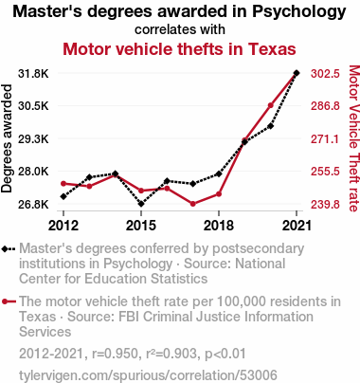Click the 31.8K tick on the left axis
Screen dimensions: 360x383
(x=33, y=74)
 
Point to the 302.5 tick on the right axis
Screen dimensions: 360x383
(x=325, y=74)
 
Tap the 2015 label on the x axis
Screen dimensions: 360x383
(x=141, y=226)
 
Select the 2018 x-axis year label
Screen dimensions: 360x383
(x=219, y=226)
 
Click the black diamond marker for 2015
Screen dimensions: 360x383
(x=141, y=204)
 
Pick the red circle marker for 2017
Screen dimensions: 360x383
(x=193, y=204)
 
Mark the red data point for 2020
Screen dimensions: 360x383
(x=271, y=105)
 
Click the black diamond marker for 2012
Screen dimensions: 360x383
(x=63, y=196)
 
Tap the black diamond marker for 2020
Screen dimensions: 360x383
(x=271, y=126)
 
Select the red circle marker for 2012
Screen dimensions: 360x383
(x=63, y=184)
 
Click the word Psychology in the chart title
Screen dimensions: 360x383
(x=299, y=11)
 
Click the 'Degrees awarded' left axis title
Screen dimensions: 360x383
(x=7, y=138)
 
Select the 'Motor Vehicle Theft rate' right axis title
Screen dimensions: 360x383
(x=354, y=138)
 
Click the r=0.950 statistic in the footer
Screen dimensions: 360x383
(x=116, y=354)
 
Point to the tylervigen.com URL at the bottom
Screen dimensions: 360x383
(x=148, y=375)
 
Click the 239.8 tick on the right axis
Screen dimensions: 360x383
(x=325, y=205)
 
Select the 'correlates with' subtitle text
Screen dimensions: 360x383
(x=180, y=29)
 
